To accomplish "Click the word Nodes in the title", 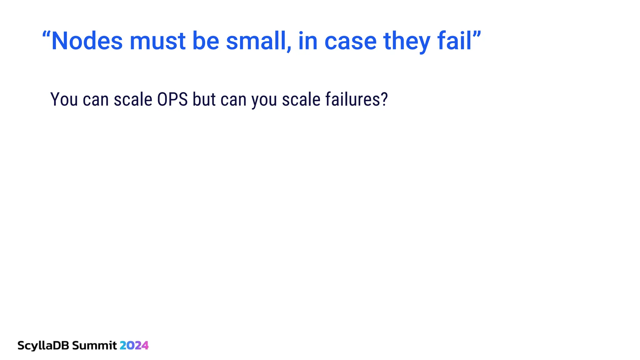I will tap(87, 41).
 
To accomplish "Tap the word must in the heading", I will tap(157, 41).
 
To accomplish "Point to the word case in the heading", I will tap(350, 42).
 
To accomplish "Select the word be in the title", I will tap(206, 41).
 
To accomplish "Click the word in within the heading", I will tap(308, 41).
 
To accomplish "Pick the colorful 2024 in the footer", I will tap(134, 346).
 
